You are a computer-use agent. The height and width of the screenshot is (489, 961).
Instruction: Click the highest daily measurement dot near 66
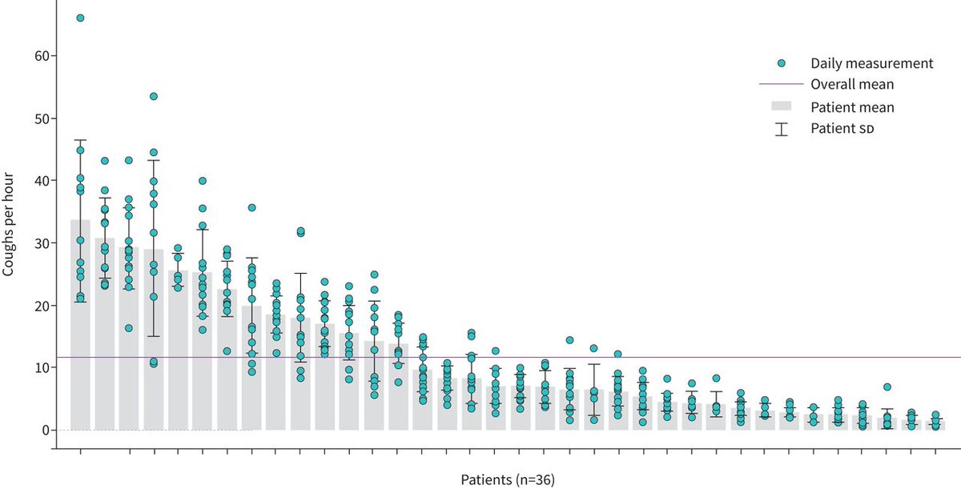[80, 18]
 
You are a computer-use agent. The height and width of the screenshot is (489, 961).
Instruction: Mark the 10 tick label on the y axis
[41, 368]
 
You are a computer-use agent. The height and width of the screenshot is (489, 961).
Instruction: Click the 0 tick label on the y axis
[44, 431]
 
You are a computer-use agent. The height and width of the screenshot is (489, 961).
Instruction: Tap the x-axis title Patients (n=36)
[508, 480]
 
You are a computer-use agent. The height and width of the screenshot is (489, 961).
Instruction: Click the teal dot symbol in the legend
[782, 63]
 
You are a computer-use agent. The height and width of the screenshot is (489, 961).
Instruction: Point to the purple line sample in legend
[781, 83]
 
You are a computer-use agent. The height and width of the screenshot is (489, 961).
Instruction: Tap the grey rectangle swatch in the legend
[781, 106]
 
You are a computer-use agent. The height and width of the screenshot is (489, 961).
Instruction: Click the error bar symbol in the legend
[781, 128]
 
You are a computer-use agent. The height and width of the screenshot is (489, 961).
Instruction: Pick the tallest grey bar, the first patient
[80, 328]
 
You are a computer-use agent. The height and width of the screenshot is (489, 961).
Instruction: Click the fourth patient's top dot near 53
[154, 96]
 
